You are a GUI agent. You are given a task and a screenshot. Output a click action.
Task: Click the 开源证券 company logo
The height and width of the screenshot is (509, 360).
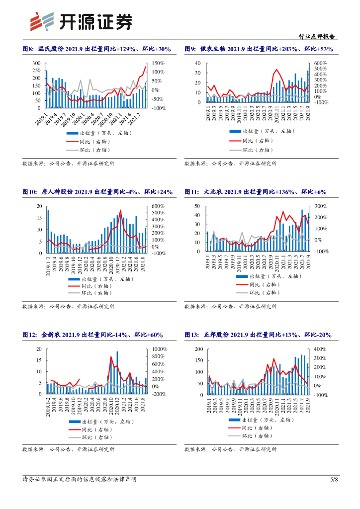point(82,21)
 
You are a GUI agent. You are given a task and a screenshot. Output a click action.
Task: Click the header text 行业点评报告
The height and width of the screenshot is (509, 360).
point(316,36)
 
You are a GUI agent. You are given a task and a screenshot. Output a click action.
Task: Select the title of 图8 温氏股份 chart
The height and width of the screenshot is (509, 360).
point(97,49)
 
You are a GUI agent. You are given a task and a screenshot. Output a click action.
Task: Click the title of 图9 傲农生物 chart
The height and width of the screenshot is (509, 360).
point(259,49)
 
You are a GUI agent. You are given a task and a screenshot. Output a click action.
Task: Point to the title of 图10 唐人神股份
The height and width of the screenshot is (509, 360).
point(97,192)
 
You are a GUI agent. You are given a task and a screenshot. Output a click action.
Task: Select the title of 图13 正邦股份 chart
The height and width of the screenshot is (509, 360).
point(258,335)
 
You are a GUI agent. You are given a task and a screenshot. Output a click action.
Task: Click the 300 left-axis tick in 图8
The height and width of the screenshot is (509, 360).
point(36,63)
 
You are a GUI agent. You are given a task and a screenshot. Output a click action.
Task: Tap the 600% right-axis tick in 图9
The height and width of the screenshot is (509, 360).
point(320,63)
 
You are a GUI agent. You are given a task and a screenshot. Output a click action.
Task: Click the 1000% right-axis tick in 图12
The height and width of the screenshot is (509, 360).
point(160,349)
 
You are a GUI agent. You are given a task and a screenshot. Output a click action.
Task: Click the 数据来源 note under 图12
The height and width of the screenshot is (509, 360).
point(68,449)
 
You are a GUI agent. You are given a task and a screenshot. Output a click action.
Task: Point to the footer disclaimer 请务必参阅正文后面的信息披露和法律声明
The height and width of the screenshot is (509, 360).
point(80,479)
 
